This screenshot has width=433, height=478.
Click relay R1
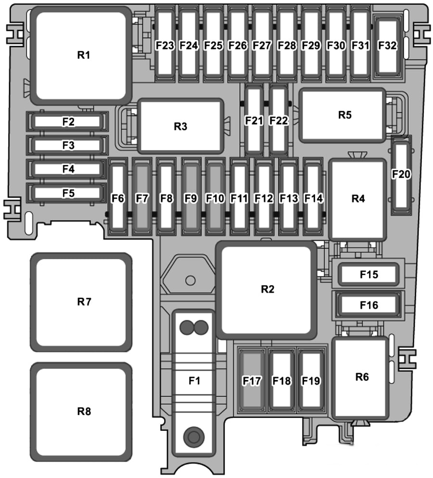83,55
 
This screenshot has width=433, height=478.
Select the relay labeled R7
81,302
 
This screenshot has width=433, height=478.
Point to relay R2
267,289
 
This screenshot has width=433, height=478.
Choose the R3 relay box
180,126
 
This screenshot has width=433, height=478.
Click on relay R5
344,115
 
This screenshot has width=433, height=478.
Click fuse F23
165,45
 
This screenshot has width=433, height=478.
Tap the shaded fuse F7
142,198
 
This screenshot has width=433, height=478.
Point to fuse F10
215,198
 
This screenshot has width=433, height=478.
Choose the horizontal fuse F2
68,122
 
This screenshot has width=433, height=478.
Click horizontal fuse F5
68,193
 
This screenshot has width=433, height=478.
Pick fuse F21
254,120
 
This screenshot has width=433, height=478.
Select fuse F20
401,175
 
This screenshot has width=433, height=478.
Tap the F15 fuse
369,275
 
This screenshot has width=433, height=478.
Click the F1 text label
194,380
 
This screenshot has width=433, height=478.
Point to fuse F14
313,198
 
